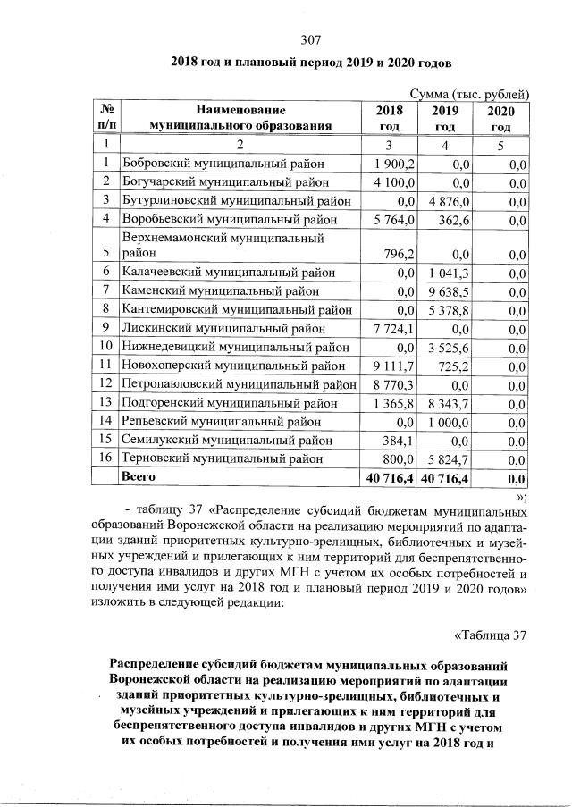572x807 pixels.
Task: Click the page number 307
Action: [x=310, y=38]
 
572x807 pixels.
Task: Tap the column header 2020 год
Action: [x=500, y=118]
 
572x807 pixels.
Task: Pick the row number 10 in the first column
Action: [x=105, y=346]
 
